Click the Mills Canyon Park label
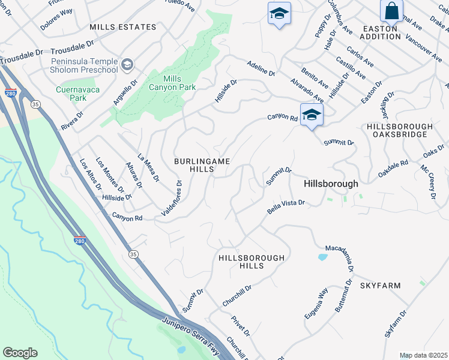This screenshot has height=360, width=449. tap(179, 83)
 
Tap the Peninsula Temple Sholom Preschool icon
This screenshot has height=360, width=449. tap(127, 64)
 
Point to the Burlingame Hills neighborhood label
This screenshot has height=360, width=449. tap(194, 165)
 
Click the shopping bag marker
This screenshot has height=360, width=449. tap(391, 11)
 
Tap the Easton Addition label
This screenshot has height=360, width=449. tap(381, 32)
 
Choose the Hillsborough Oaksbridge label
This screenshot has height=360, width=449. tap(399, 131)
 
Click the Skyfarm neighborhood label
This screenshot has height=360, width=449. tap(380, 286)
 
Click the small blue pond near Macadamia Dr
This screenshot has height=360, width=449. tap(323, 257)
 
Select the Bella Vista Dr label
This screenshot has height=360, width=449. tap(286, 208)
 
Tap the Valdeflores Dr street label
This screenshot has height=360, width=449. tap(171, 199)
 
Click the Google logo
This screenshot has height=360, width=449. tap(20, 353)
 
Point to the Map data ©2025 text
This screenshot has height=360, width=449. tap(424, 355)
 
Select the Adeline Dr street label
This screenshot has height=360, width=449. tap(261, 68)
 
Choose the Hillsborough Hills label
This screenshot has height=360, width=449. tap(251, 262)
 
